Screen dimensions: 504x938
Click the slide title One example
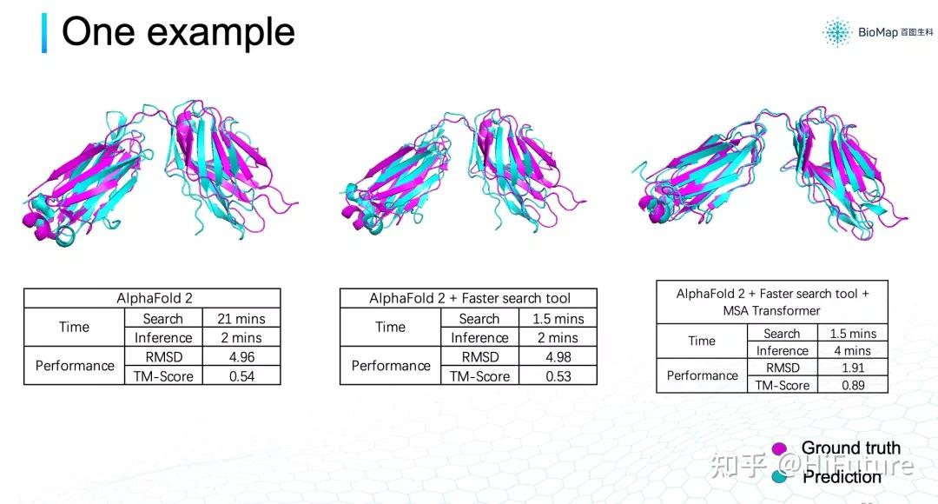pos(179,32)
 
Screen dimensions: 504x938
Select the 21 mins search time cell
pos(241,319)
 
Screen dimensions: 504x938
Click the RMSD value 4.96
pos(241,357)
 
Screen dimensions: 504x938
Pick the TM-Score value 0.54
pos(241,376)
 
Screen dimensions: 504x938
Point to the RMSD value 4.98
pos(558,357)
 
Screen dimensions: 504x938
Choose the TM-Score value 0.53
pos(558,376)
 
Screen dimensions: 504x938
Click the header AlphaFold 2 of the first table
pos(152,298)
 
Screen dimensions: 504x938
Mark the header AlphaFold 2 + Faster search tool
pos(469,298)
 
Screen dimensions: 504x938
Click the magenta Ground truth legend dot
pos(779,449)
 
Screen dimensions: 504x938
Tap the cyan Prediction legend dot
pos(779,476)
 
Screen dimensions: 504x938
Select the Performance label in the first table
pos(75,366)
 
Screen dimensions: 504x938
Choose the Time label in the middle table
pos(391,328)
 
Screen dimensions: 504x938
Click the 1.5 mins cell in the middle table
pos(558,319)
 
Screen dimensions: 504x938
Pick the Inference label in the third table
pos(782,351)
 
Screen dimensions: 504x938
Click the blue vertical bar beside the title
pos(44,32)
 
